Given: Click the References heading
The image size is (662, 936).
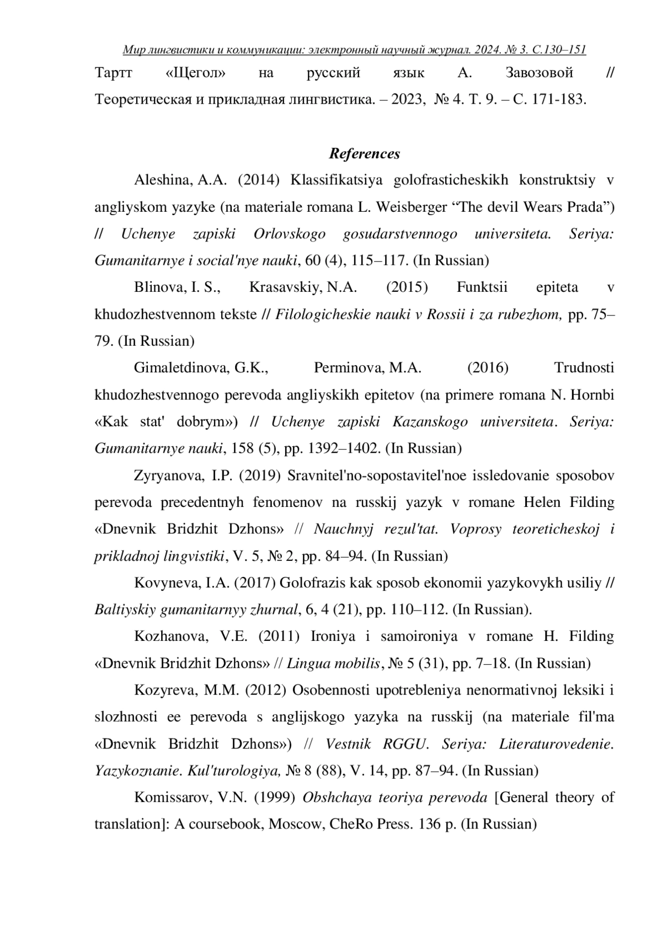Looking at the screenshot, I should (x=364, y=153).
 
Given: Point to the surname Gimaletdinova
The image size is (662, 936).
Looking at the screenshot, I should (x=180, y=368).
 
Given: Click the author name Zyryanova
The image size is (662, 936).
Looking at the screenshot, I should (x=165, y=475).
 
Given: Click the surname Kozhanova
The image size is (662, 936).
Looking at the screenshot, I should (x=167, y=637).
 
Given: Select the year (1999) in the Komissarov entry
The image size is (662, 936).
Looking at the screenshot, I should (x=276, y=798).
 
